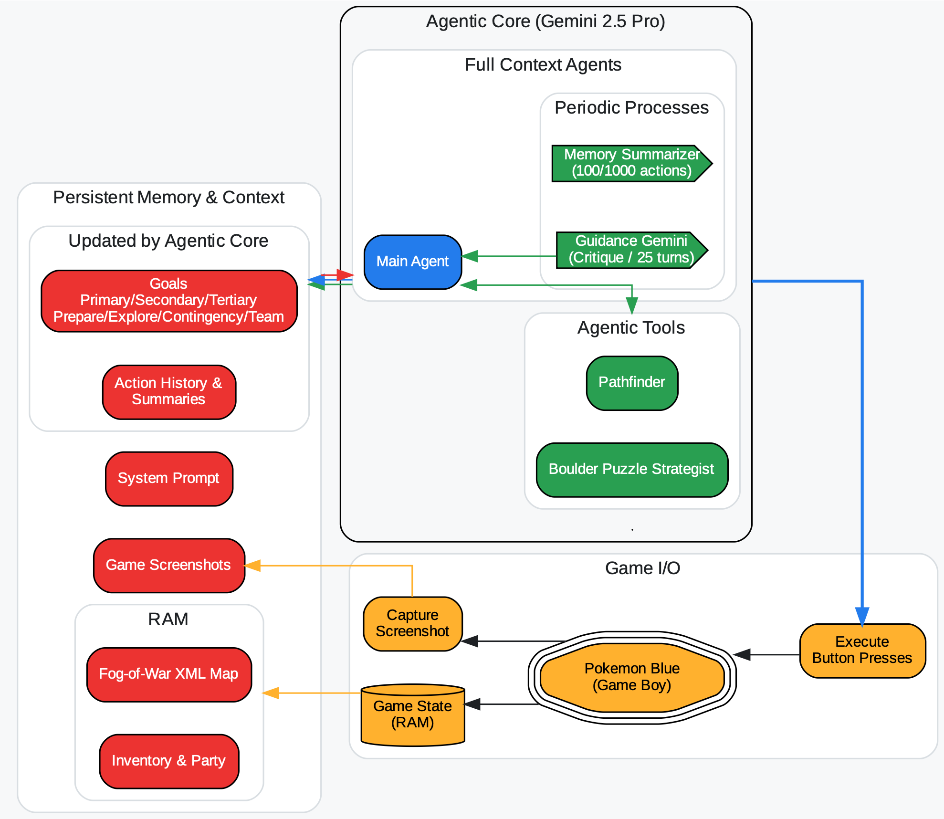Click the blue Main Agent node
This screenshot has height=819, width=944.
point(412,262)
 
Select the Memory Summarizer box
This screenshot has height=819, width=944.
point(631,163)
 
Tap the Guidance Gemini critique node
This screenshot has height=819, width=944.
point(631,250)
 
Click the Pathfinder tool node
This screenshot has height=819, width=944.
point(632,383)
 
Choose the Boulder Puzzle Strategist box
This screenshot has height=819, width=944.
point(632,470)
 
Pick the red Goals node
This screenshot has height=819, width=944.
point(169,301)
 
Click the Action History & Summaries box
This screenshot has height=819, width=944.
point(169,392)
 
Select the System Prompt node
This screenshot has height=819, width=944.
point(169,479)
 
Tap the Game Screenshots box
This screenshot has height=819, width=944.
point(169,566)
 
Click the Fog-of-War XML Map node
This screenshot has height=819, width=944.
point(169,674)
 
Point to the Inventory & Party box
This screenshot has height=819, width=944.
point(169,761)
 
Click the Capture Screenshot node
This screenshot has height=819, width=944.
point(412,623)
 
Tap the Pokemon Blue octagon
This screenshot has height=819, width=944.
point(632,677)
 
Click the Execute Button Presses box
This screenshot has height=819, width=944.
point(862,651)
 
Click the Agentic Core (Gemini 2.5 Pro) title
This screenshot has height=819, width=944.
point(545,21)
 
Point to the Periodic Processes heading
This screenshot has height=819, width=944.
point(631,108)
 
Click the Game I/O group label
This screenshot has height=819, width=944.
point(642,568)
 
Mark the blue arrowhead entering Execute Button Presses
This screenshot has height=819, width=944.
point(862,616)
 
